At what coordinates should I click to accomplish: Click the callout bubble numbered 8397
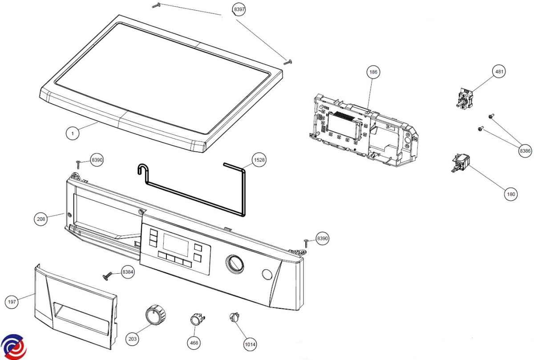(x=239, y=10)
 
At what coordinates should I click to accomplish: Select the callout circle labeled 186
(x=373, y=72)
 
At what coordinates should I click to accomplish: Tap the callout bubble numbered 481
(x=499, y=72)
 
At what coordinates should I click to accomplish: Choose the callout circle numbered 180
(x=511, y=194)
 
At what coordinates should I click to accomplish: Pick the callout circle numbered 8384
(x=128, y=272)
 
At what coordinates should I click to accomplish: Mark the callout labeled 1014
(x=250, y=344)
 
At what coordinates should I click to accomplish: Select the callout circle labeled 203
(x=132, y=339)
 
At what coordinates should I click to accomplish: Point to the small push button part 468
(x=196, y=319)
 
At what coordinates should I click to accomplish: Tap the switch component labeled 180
(x=459, y=162)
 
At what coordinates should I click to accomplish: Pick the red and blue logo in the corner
(x=13, y=346)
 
